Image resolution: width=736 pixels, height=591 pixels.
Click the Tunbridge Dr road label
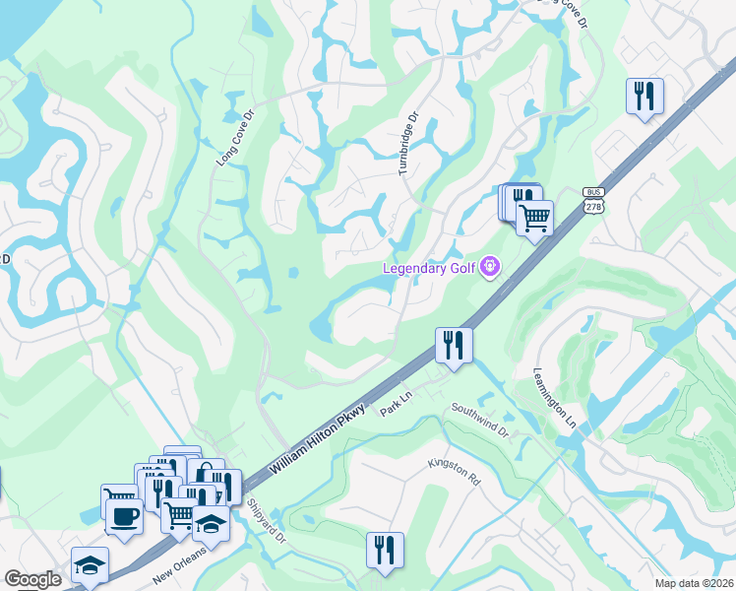[408, 144]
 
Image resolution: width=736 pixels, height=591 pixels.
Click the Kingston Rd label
[454, 472]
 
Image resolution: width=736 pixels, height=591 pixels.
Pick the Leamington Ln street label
[554, 396]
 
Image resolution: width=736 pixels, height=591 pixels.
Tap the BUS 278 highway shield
[592, 201]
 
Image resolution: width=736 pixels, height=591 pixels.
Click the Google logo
[33, 579]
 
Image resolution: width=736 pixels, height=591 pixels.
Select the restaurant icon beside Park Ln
[454, 345]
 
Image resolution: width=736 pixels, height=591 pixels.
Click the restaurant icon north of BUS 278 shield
[644, 96]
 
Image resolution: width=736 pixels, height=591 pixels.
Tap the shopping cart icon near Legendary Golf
[534, 218]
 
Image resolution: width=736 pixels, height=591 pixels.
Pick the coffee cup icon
[124, 517]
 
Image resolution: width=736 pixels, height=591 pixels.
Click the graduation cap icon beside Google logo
[89, 565]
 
